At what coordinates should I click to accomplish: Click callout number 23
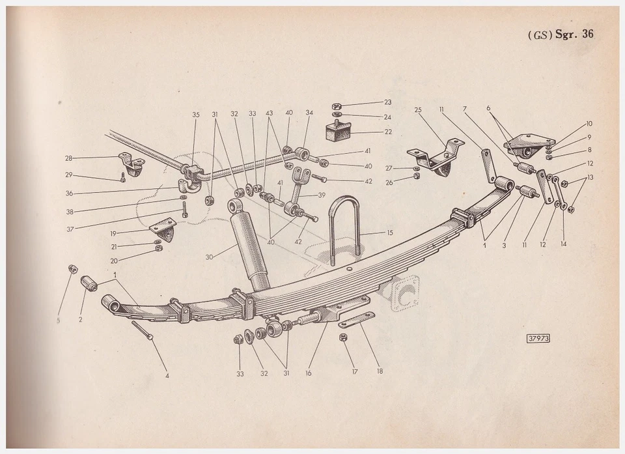point(387,102)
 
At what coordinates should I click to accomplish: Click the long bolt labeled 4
point(141,330)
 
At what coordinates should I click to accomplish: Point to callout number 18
point(379,371)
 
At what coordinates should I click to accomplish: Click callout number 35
point(195,114)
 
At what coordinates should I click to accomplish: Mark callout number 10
point(589,123)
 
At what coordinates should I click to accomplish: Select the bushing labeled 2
point(89,285)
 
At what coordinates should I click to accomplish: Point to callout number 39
point(321,195)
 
